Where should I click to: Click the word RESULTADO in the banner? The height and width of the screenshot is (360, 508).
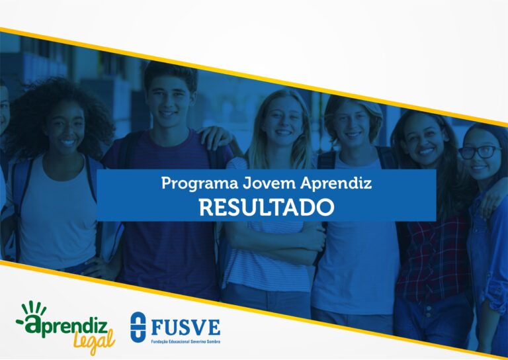point(267,207)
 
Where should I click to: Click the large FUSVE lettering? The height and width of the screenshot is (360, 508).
point(186,328)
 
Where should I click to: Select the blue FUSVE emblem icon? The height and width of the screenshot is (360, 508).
point(138,327)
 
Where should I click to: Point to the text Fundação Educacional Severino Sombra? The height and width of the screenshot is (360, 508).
point(186,341)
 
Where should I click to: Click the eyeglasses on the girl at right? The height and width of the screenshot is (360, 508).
point(480,152)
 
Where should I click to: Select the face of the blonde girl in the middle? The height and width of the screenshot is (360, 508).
point(282,122)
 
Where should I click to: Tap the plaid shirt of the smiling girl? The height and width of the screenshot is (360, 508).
point(434,259)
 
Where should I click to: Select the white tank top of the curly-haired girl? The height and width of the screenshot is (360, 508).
point(58,210)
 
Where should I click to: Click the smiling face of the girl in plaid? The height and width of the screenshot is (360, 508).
point(423,142)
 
